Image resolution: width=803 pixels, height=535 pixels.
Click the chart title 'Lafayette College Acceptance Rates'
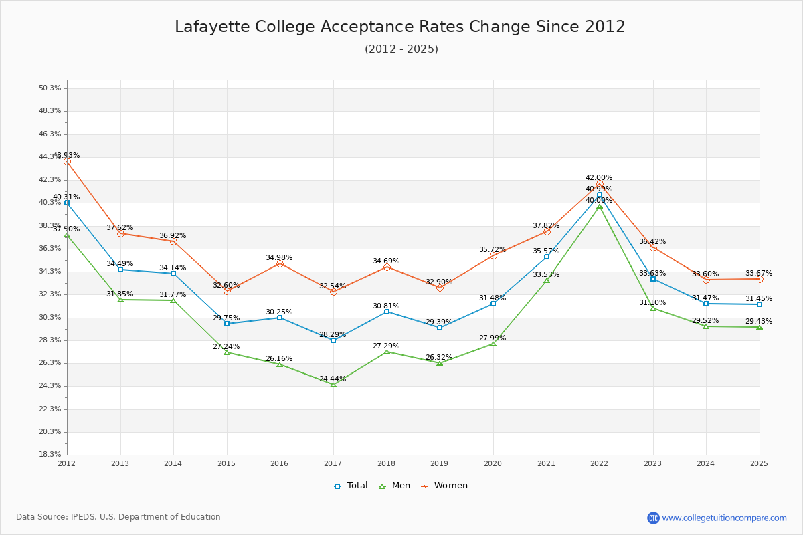click(400, 27)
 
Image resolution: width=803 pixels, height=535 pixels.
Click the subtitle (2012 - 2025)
click(401, 49)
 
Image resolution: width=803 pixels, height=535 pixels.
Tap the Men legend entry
click(395, 486)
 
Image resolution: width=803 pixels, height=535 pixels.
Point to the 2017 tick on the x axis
click(333, 463)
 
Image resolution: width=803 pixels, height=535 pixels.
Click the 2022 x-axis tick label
click(600, 463)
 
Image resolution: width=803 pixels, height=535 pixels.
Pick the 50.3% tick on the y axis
click(50, 88)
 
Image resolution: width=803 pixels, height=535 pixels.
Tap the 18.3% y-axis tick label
click(50, 455)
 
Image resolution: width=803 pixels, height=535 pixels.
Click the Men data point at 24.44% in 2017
click(333, 385)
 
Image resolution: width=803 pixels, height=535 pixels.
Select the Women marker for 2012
click(67, 161)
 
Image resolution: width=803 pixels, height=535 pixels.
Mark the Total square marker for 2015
click(227, 324)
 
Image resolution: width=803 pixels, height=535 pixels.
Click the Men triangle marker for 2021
click(547, 280)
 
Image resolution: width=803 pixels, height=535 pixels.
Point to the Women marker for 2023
click(653, 247)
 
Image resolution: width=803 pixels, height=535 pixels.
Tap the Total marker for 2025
click(760, 304)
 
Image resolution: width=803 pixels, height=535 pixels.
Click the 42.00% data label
click(599, 178)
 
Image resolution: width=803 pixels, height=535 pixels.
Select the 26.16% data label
click(279, 359)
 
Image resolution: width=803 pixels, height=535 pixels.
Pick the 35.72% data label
click(493, 250)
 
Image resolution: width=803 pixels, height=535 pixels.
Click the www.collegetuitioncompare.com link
click(724, 518)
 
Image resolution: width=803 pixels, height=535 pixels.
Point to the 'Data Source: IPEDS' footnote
click(118, 517)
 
